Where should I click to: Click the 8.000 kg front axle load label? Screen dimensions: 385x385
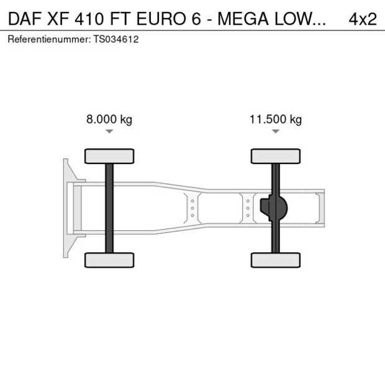coord(109,120)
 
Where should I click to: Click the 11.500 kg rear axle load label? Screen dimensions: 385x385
coord(276,120)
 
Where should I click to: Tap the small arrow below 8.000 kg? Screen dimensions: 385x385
coord(109,132)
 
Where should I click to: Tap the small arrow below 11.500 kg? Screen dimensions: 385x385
coord(276,132)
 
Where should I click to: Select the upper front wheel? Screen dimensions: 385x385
coord(109,156)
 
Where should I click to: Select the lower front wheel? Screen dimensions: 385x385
coord(109,260)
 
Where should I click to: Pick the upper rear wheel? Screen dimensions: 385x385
coord(276,156)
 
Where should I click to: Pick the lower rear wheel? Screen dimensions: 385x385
coord(276,260)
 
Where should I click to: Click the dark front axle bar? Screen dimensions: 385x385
coord(109,208)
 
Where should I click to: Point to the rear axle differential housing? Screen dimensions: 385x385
coord(274,208)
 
